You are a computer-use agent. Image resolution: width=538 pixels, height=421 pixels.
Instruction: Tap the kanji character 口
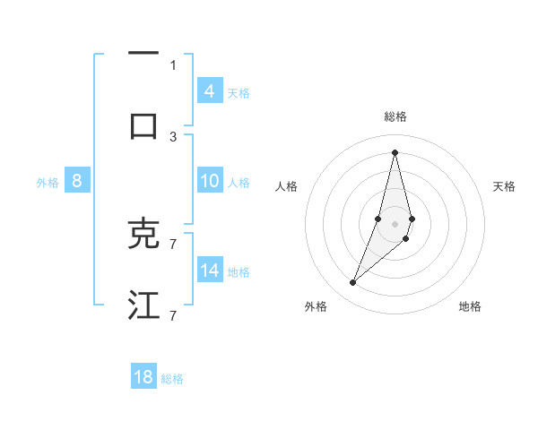[x=143, y=125]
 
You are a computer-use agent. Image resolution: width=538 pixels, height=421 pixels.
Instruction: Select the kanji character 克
[x=143, y=234]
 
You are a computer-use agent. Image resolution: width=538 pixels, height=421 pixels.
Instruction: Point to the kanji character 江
[x=143, y=305]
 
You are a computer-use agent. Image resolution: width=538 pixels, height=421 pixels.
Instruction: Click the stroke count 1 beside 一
[x=173, y=64]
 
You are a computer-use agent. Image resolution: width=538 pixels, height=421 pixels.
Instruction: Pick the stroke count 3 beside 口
[x=173, y=136]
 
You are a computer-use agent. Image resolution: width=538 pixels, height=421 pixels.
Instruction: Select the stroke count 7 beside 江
[x=173, y=315]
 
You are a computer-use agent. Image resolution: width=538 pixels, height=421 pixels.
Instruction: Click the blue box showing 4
[x=210, y=91]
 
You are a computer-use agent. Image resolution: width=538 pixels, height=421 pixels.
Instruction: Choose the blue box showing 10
[x=210, y=181]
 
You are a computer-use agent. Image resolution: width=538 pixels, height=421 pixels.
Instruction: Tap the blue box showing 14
[x=210, y=271]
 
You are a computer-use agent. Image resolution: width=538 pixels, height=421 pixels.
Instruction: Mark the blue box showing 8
[x=77, y=181]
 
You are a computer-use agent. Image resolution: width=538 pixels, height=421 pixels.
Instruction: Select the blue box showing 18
[x=143, y=377]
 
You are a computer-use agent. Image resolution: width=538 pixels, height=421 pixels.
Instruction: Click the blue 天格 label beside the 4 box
[x=239, y=93]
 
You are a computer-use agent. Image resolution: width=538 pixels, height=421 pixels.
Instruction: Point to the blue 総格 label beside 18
[x=172, y=379]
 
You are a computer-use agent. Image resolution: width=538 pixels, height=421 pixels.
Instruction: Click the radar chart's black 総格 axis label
[x=395, y=116]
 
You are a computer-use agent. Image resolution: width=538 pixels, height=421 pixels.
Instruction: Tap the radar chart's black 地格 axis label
[x=470, y=306]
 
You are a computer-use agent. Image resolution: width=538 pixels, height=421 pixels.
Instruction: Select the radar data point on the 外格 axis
[x=352, y=283]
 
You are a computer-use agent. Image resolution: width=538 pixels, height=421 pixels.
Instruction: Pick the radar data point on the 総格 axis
[x=395, y=151]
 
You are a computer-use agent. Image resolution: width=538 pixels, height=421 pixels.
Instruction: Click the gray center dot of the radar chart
[x=395, y=223]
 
